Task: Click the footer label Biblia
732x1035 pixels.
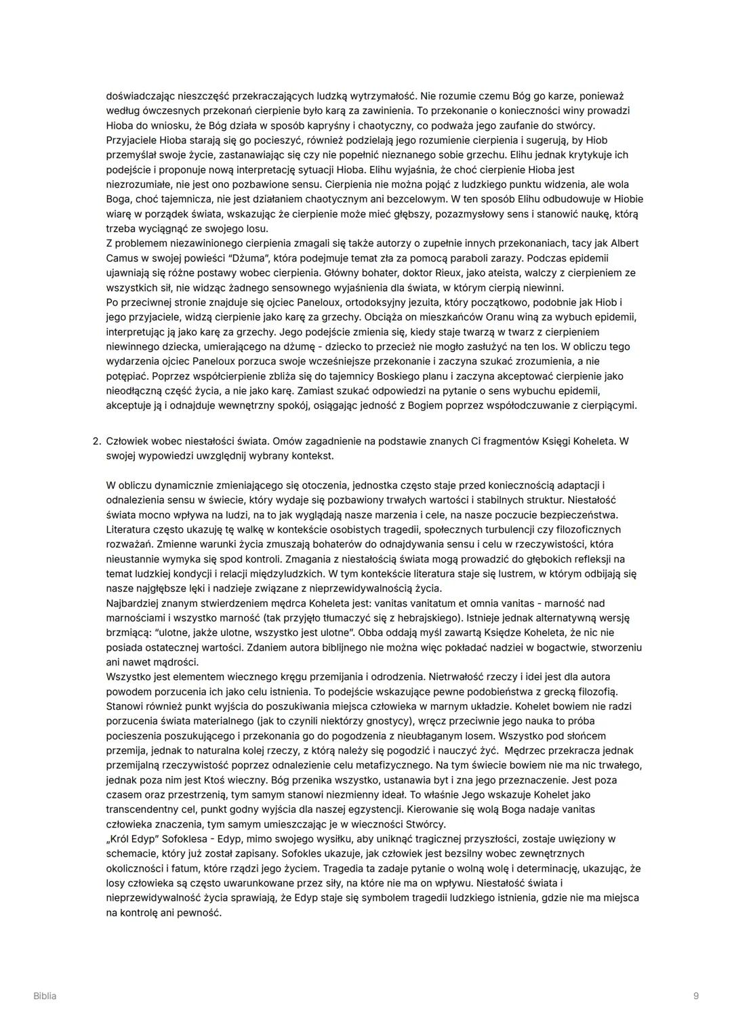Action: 45,996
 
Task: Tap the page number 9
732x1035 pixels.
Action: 696,996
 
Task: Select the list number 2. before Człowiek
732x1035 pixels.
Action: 97,441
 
